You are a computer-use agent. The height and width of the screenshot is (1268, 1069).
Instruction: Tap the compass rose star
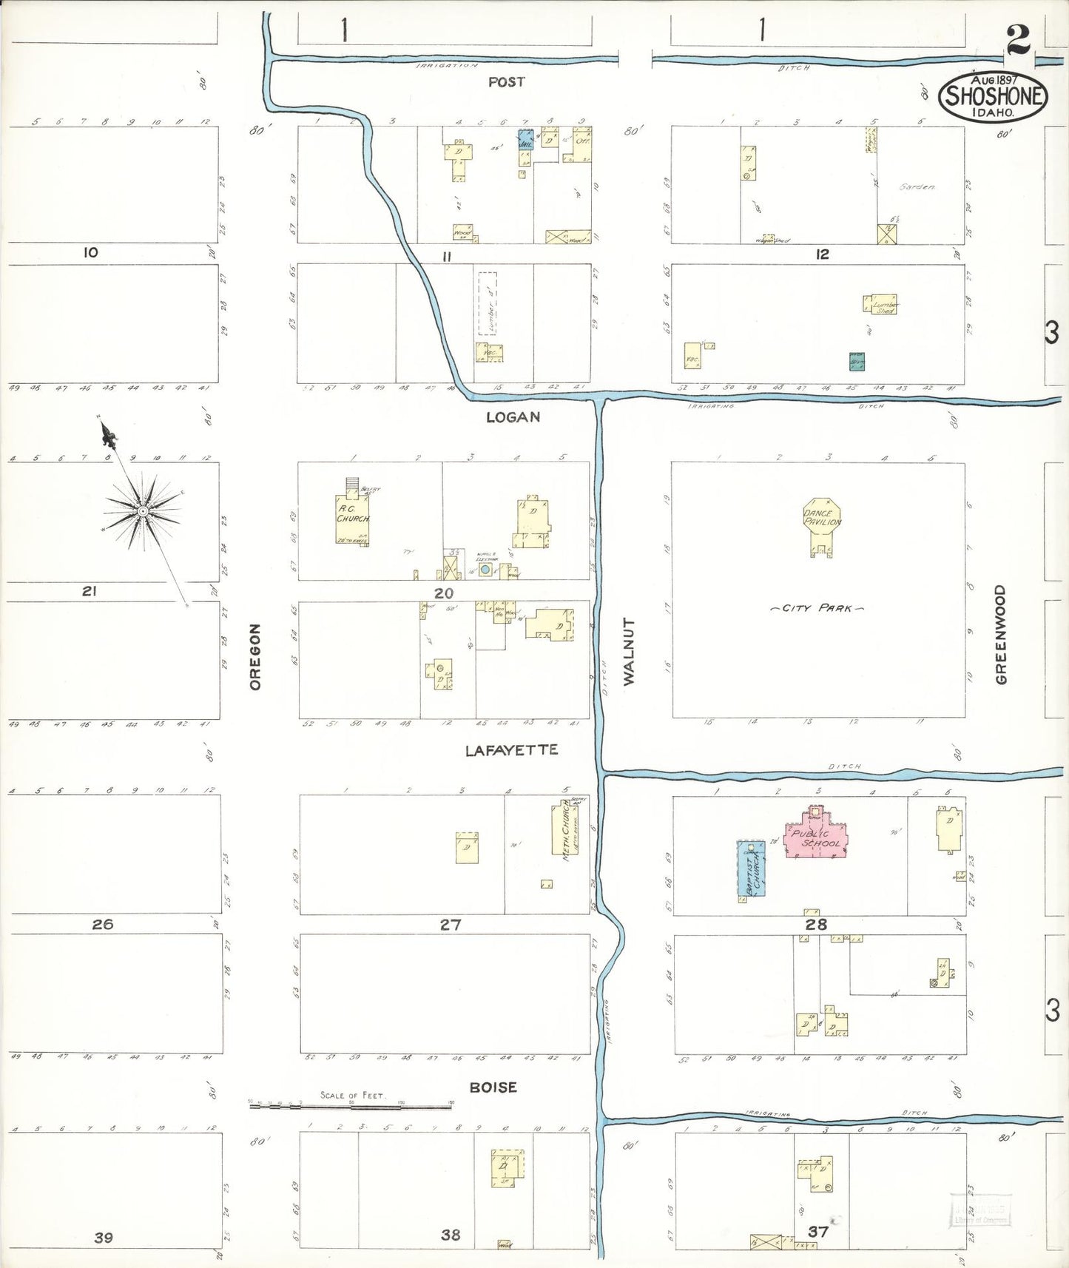coord(143,511)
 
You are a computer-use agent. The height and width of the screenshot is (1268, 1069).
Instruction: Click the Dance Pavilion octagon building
coord(822,517)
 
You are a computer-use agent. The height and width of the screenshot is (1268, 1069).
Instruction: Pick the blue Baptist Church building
coord(751,870)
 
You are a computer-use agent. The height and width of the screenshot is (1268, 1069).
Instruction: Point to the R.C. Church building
coord(353,515)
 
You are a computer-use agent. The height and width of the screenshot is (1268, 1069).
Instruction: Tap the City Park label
coord(817,608)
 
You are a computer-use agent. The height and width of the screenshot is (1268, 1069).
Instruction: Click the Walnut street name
coord(629,652)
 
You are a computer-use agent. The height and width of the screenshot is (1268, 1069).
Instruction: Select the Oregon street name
coord(255,657)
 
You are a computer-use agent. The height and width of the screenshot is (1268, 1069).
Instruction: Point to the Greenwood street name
coord(1001,635)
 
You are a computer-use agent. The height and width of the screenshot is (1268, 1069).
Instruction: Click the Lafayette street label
coord(511,750)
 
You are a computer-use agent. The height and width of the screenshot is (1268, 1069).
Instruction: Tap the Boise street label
coord(493,1087)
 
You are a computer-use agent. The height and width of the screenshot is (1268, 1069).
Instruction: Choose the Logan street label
coord(513,417)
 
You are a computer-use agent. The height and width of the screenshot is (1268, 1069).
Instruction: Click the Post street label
coord(506,82)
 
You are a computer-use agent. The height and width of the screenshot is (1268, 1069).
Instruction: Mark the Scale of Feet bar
coord(351,1107)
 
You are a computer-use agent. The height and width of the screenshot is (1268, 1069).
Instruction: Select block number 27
coord(451,924)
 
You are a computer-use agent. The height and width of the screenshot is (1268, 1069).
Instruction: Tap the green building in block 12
coord(857,361)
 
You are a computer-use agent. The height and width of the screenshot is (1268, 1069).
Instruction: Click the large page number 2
coord(1018,41)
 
